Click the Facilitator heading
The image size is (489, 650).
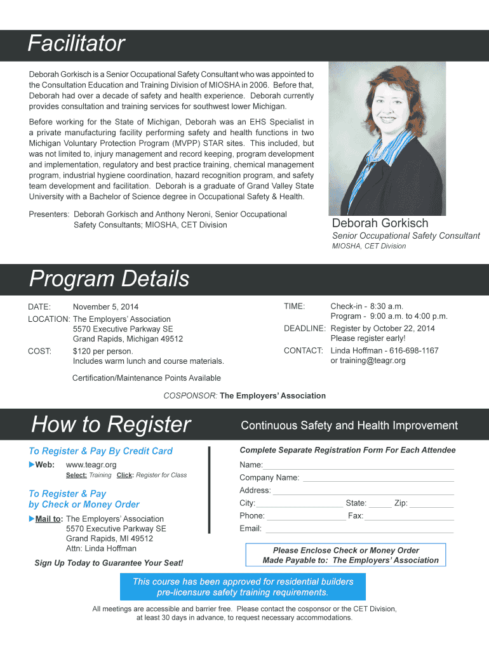[x=76, y=44]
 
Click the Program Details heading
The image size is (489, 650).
[x=109, y=279]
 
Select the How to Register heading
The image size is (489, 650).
[x=111, y=424]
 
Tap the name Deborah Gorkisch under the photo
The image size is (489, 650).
[x=380, y=223]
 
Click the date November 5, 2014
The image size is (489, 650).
[x=105, y=307]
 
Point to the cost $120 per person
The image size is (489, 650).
[x=103, y=351]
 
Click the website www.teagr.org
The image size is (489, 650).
[x=91, y=465]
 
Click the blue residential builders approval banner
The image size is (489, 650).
[x=243, y=587]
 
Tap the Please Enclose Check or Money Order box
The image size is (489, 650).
[x=345, y=555]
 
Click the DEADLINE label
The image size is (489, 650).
[x=304, y=329]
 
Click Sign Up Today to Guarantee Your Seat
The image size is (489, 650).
[x=109, y=563]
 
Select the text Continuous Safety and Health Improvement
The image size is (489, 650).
[x=349, y=425]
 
